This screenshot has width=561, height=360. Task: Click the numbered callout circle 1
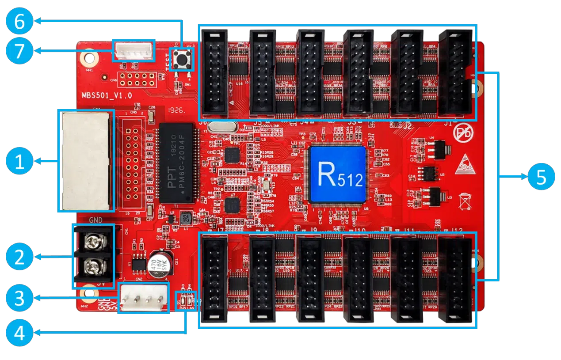tap(20, 162)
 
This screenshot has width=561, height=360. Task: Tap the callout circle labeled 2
tap(20, 257)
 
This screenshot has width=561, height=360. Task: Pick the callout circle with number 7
tap(20, 51)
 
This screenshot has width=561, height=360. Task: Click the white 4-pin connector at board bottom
tap(144, 297)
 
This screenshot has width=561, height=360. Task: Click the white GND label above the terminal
tap(96, 220)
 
